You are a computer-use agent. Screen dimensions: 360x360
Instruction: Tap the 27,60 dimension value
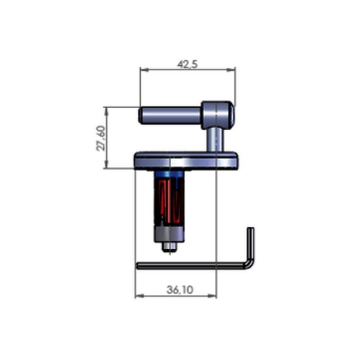point(100,138)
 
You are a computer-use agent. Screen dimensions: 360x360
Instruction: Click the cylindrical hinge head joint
point(217,115)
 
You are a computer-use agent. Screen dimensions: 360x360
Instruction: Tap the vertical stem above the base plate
point(213,140)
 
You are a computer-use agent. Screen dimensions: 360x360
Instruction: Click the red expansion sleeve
point(169,200)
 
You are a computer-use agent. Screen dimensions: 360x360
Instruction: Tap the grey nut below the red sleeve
point(169,234)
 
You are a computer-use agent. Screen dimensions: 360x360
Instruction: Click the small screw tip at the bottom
point(169,246)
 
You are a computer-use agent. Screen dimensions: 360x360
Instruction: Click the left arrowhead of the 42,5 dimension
point(142,69)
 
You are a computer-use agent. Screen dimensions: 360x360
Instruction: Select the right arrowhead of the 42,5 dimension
point(232,69)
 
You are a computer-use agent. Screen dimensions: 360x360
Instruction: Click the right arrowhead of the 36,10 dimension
point(213,295)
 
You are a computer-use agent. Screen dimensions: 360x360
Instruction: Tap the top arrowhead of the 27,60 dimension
point(107,110)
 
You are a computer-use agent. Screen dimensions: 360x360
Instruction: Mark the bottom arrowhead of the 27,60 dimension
point(107,166)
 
